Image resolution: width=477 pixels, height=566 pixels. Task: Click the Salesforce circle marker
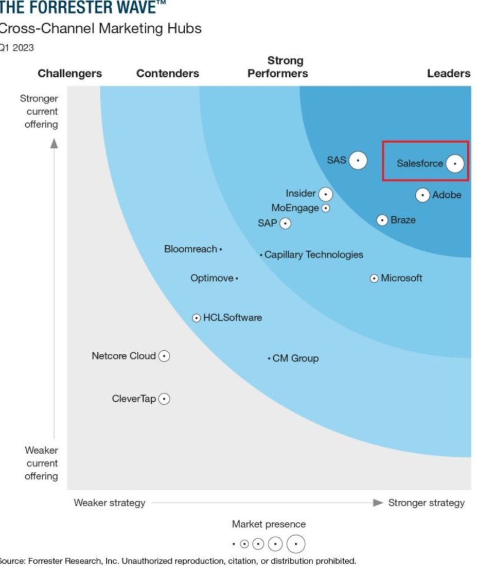pyautogui.click(x=454, y=164)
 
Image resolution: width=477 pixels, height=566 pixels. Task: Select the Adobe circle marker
pyautogui.click(x=422, y=195)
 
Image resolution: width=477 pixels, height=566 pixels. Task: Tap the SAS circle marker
pyautogui.click(x=358, y=161)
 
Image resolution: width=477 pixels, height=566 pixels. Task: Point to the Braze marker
pyautogui.click(x=382, y=220)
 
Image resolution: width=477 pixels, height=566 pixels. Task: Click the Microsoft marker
pyautogui.click(x=375, y=278)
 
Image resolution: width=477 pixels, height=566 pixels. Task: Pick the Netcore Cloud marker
pyautogui.click(x=164, y=356)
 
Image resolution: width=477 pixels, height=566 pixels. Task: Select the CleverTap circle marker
pyautogui.click(x=164, y=399)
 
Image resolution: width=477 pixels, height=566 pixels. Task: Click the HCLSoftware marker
pyautogui.click(x=197, y=318)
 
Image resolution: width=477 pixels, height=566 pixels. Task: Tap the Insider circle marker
pyautogui.click(x=325, y=194)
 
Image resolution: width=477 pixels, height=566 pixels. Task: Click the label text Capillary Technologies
pyautogui.click(x=314, y=255)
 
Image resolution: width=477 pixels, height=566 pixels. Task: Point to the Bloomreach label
pyautogui.click(x=190, y=249)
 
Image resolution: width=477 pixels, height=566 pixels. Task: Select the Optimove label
pyautogui.click(x=211, y=279)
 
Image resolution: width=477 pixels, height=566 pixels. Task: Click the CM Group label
pyautogui.click(x=295, y=358)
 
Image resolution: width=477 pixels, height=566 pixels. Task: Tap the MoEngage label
pyautogui.click(x=295, y=208)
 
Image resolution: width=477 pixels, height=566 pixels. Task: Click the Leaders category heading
pyautogui.click(x=449, y=74)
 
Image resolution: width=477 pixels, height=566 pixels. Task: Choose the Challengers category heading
pyautogui.click(x=70, y=74)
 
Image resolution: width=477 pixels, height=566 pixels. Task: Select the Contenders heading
pyautogui.click(x=168, y=74)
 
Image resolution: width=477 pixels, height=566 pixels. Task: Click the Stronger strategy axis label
pyautogui.click(x=426, y=503)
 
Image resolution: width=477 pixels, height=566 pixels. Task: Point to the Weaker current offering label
pyautogui.click(x=41, y=463)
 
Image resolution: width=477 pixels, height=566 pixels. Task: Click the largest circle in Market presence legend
pyautogui.click(x=296, y=544)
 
